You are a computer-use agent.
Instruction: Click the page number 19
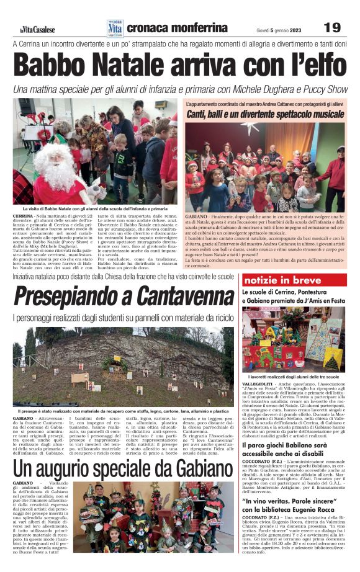332,27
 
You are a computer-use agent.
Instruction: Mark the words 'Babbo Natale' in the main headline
100,65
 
